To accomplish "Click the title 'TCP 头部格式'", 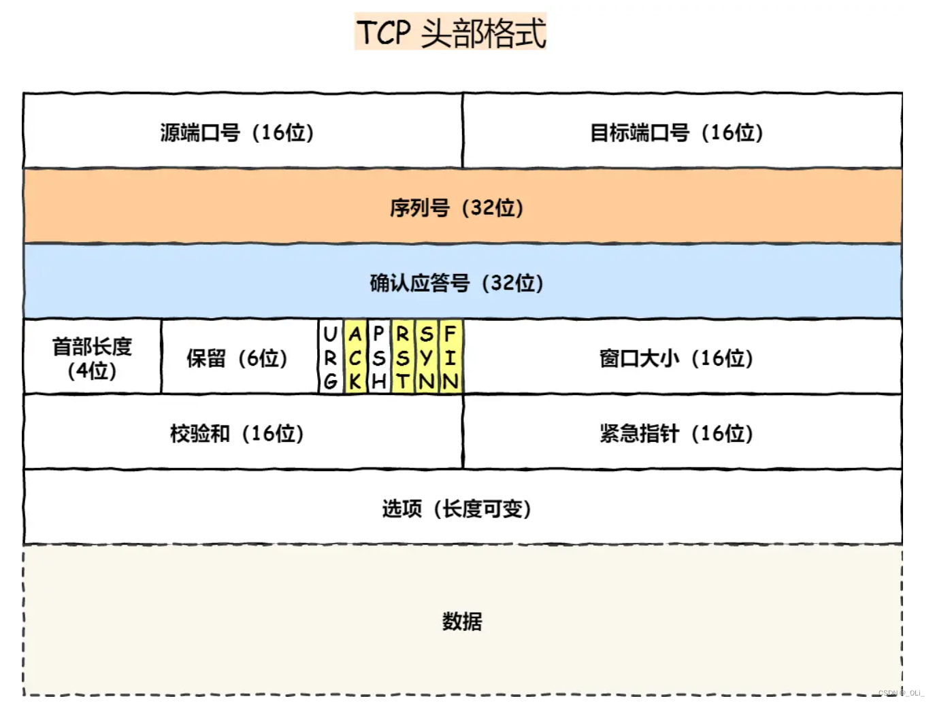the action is coord(450,32).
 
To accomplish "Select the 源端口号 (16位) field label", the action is coord(237,132).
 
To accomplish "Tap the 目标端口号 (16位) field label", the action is coord(676,132).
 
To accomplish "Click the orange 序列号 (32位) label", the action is coord(457,207).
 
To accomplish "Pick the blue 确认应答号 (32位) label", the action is coord(457,283).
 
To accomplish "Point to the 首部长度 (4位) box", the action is coord(93,358).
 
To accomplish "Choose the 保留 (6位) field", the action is coord(237,358).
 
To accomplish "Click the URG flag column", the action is coord(331,358).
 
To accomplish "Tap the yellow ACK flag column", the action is coord(355,358).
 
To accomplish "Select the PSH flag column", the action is coord(379,358).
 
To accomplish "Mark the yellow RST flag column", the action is coord(403,358).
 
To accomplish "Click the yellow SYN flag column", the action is coord(427,358).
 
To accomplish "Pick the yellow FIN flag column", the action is coord(450,358).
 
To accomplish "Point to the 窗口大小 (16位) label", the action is coord(676,358).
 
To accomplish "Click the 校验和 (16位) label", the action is coord(237,433).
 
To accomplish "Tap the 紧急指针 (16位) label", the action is coord(676,433).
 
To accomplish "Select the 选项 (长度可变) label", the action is coord(457,509).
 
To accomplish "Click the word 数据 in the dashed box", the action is coord(462,621).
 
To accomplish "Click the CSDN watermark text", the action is coord(901,693).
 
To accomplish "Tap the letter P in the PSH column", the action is coord(379,334).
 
